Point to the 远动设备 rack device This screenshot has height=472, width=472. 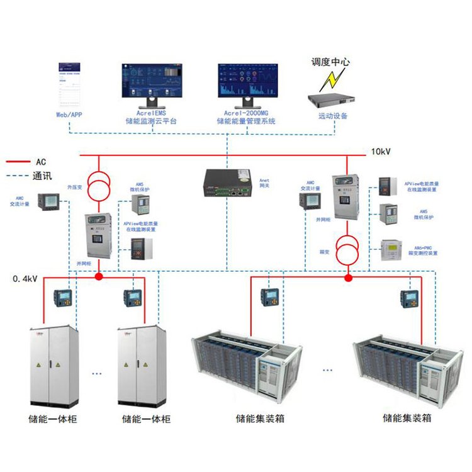point(332,99)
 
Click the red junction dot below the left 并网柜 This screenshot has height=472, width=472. point(98,276)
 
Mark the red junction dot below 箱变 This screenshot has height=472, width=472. point(347,276)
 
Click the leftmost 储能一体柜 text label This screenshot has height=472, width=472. point(53,419)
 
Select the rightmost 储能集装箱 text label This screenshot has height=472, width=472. point(407,417)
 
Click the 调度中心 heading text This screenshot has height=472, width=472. point(330,62)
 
